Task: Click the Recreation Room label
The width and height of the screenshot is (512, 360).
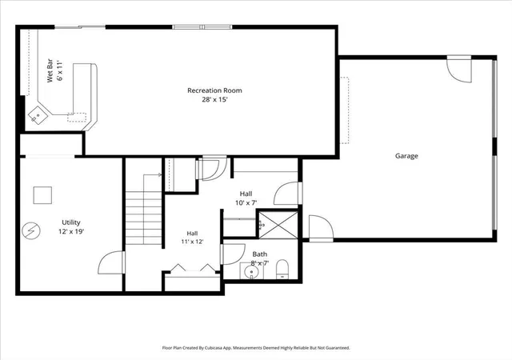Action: [214, 90]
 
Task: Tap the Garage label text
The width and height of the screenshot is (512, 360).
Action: [406, 156]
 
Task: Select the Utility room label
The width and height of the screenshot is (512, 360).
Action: [71, 222]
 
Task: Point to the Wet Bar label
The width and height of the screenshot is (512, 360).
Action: [50, 70]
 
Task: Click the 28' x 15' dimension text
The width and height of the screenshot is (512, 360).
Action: [214, 100]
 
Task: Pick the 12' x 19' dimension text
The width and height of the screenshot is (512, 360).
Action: [71, 232]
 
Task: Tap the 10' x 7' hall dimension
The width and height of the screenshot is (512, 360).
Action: [246, 203]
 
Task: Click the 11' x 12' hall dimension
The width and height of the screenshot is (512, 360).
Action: [192, 242]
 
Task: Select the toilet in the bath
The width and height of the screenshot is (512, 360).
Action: [282, 270]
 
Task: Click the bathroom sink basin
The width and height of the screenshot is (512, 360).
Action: [252, 271]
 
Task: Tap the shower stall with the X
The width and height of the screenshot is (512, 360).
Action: [278, 225]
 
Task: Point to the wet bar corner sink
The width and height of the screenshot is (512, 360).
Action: [38, 114]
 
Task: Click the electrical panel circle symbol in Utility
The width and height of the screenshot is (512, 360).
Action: [31, 231]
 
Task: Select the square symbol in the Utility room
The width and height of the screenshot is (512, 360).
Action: [42, 195]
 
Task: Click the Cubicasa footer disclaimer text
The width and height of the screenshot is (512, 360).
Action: [256, 348]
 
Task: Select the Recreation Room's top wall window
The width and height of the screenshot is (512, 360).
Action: [202, 27]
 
